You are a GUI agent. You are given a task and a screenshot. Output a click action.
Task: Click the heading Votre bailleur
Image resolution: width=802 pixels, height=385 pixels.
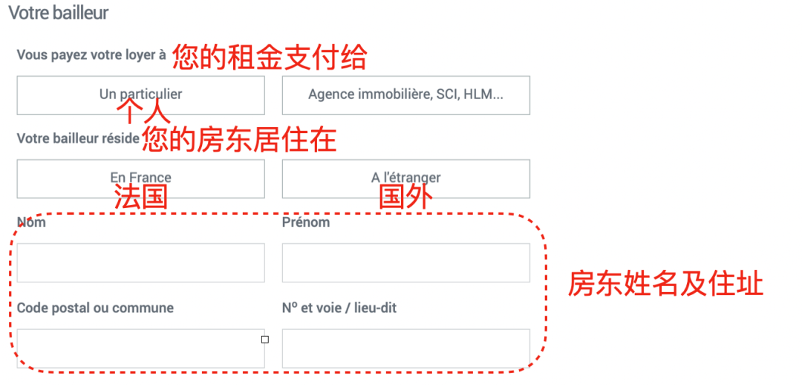58,13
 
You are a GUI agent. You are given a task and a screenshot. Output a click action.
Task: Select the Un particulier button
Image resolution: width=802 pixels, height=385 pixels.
140,94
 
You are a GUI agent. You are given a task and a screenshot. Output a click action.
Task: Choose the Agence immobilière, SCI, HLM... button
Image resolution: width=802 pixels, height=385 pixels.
405,94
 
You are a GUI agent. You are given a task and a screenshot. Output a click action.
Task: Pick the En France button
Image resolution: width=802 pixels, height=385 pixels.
140,178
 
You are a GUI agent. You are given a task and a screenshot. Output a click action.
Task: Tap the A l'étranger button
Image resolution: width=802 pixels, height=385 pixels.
405,178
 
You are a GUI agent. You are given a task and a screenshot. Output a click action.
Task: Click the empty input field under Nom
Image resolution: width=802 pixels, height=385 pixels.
140,262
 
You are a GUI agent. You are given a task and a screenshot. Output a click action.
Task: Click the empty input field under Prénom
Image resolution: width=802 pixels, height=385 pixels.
405,262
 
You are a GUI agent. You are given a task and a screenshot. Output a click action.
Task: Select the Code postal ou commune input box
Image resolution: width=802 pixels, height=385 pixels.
140,349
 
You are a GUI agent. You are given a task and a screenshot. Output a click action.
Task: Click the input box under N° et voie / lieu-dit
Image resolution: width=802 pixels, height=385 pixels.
405,349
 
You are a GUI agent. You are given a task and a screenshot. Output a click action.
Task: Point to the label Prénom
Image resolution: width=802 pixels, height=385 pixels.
306,222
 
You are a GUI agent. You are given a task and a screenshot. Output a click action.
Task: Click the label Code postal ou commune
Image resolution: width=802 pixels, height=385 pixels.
95,308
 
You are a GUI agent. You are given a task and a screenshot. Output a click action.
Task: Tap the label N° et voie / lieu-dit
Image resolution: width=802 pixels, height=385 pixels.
339,308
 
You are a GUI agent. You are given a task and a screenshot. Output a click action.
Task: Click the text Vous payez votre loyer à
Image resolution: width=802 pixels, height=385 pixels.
91,55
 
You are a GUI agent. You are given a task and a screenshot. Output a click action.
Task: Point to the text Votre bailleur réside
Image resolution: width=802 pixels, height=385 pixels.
78,138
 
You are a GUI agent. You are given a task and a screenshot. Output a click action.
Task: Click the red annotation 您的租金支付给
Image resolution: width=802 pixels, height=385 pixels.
270,56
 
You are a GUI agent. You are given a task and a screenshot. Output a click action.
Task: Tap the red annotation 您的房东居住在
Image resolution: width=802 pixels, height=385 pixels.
239,140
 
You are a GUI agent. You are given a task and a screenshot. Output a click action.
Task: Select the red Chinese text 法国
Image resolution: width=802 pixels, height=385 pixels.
140,197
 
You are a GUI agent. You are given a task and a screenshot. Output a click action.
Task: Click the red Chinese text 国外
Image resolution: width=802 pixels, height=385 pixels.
405,197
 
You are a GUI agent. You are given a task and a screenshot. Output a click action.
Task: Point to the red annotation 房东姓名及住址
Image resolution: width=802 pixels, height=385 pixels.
665,283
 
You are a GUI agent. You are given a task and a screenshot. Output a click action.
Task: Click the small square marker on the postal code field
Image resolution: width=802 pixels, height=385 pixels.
265,340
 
